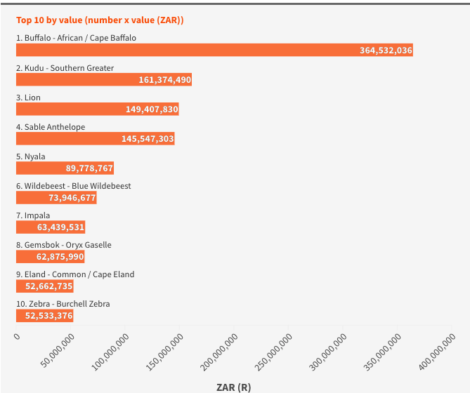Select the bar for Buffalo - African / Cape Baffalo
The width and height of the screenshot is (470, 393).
tap(214, 50)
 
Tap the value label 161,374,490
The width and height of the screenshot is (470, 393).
tap(165, 80)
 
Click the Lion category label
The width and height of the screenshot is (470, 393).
tap(28, 98)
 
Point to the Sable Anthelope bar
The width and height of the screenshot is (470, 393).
tap(96, 138)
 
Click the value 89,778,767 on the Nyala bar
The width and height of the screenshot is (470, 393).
tap(89, 168)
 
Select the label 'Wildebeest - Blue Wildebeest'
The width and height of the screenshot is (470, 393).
tap(74, 186)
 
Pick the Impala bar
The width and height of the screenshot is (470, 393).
tap(51, 227)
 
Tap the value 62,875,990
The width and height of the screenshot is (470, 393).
tap(60, 257)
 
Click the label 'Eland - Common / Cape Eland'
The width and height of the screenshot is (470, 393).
tap(75, 274)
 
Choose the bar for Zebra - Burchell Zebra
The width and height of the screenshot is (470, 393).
tap(45, 316)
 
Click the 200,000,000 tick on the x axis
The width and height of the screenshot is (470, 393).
tap(219, 352)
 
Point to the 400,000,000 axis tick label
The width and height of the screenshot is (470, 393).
tap(437, 352)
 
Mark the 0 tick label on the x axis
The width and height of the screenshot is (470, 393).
tap(17, 336)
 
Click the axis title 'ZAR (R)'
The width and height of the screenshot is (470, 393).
tap(233, 387)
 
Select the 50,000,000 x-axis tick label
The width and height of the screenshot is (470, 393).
tap(58, 350)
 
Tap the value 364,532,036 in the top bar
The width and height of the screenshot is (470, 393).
tap(386, 51)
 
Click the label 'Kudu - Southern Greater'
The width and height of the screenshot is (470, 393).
tap(65, 68)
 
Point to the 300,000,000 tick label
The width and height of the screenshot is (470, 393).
tap(328, 352)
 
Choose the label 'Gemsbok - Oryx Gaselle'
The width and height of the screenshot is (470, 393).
tap(64, 245)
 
